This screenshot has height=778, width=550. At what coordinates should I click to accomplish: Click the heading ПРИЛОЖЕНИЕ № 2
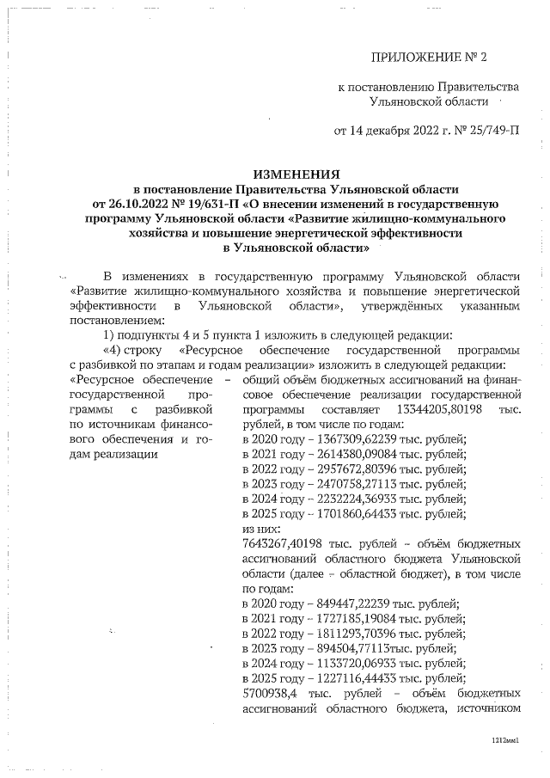(428, 58)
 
